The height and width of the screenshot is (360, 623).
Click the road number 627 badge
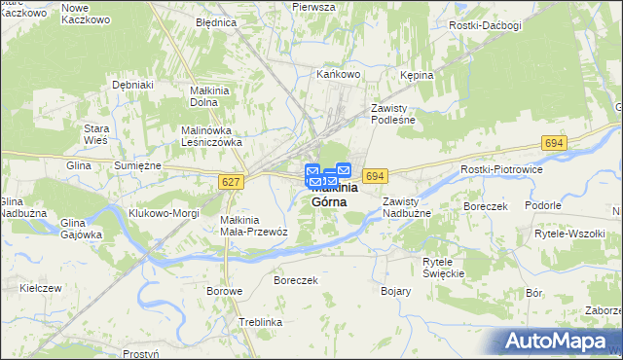[231, 183]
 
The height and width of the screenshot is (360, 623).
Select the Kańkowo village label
[339, 73]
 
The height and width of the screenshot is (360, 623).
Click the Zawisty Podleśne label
[393, 114]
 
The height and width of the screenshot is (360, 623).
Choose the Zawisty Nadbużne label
[406, 206]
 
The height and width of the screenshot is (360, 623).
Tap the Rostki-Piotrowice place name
[500, 169]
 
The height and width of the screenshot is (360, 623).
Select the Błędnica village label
[216, 21]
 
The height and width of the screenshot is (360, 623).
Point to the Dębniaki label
[133, 85]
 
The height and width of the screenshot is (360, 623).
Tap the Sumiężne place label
[137, 166]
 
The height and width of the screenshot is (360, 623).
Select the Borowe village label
[224, 290]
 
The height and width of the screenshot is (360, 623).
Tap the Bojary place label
[395, 290]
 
